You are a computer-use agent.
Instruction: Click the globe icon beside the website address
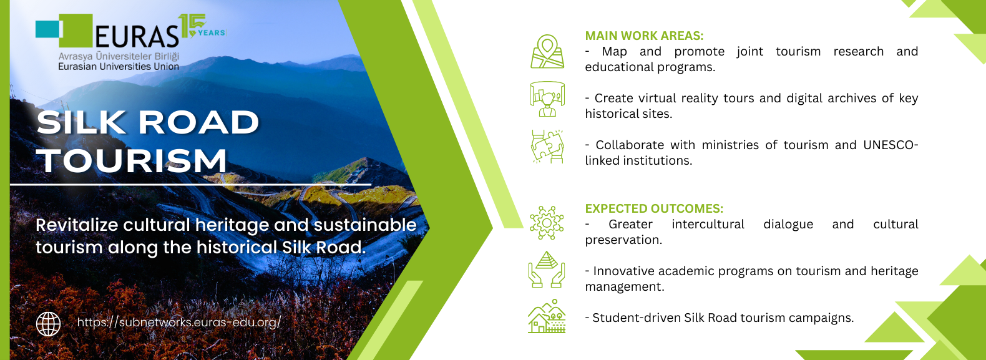tap(49, 324)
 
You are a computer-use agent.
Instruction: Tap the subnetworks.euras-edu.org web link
tap(178, 323)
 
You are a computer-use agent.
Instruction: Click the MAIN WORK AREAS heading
tap(644, 36)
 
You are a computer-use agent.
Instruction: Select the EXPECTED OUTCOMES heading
tap(653, 208)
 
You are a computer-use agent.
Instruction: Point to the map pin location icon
tap(547, 52)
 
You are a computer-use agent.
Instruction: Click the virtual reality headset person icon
tap(547, 99)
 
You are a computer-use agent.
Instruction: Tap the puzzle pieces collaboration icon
tap(547, 147)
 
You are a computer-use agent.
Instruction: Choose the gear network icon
tap(547, 223)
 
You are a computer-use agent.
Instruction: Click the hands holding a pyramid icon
tap(547, 270)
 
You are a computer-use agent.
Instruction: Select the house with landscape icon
tap(547, 316)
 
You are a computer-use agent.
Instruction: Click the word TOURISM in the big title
tap(132, 160)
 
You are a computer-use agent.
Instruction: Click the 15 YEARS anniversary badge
tap(202, 26)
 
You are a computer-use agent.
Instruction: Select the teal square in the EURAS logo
tap(48, 29)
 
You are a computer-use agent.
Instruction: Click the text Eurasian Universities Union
tap(119, 67)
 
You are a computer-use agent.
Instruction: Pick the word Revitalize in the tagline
tap(77, 225)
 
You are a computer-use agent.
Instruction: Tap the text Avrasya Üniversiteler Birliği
tap(119, 57)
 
